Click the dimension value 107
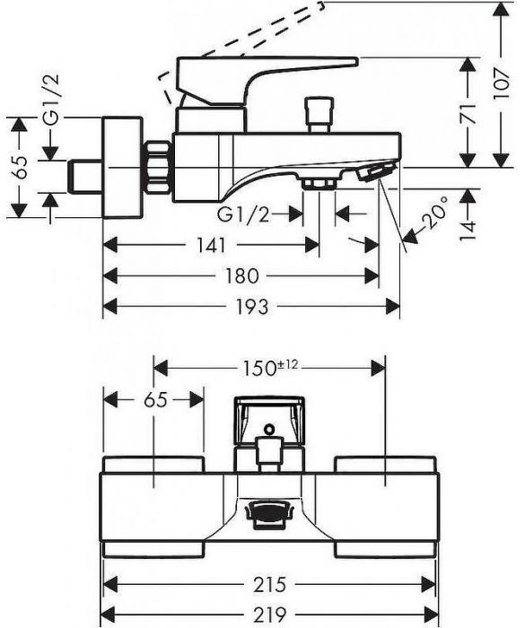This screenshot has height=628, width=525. (502, 84)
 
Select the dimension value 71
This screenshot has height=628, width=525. (468, 114)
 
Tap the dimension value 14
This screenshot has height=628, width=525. (468, 231)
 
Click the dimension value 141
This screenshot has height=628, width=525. (211, 245)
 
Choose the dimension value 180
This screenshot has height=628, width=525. (241, 276)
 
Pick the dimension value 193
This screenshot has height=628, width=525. (251, 307)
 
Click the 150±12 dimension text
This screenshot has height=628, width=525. (271, 368)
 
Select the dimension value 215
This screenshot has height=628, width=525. (269, 584)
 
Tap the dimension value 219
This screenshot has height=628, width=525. (269, 613)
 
